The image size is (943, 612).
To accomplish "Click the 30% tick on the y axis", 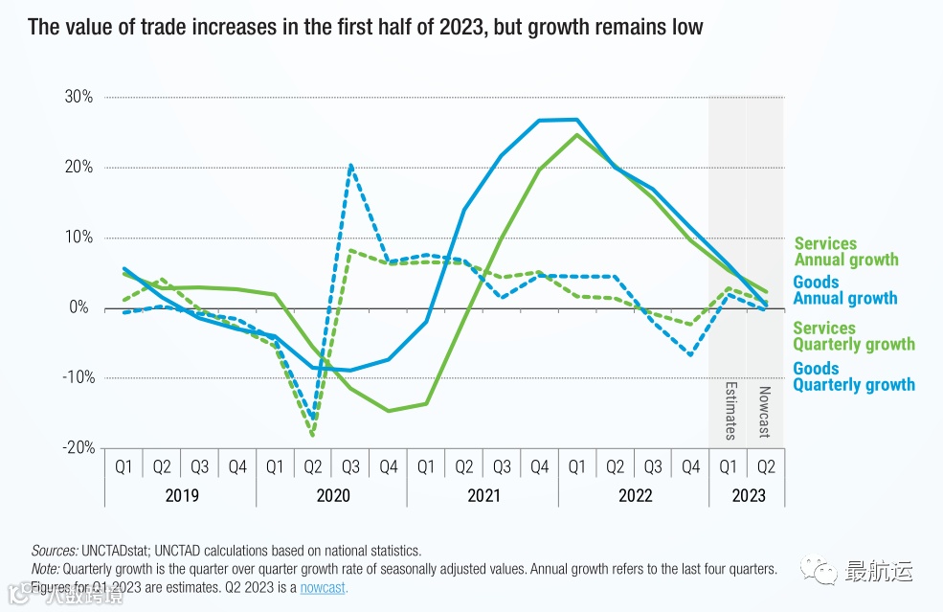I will pos(79,97).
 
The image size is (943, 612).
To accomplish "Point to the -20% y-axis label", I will pos(77,447).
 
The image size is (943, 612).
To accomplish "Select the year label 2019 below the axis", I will pos(181,495).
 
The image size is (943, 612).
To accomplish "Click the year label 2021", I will pos(483,495).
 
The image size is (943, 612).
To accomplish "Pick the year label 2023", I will pos(748,495).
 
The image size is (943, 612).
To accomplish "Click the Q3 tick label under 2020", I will pos(350,466).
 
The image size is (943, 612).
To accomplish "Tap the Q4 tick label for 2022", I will pos(690,466).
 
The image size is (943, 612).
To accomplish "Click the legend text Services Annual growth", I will pos(846,252).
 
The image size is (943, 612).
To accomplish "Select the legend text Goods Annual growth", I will pos(844,290).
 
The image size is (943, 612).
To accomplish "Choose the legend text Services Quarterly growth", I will pos(853,336).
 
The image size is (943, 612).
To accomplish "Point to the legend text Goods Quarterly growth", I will pos(853,376).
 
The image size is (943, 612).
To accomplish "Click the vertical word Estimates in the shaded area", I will pos(729,412).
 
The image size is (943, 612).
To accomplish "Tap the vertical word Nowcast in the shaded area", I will pos(765,412).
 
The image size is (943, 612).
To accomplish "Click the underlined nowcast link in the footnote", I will pos(324,587).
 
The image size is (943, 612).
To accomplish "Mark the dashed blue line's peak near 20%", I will pos(350,166).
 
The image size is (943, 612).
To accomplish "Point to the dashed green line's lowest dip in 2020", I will pos(312,435).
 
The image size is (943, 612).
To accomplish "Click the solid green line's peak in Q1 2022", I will pos(577,134).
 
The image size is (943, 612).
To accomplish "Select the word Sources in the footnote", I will pos(53,551).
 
